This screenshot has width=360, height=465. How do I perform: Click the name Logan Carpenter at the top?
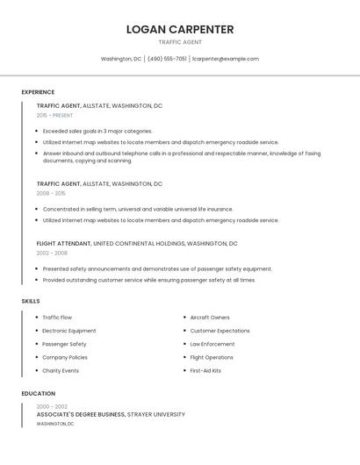pos(180,29)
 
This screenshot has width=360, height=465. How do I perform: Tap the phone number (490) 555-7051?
pos(167,59)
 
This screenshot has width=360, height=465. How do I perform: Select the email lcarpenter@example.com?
pos(226,59)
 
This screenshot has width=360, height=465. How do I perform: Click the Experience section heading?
pos(38,92)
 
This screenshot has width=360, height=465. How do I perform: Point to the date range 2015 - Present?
pos(55,116)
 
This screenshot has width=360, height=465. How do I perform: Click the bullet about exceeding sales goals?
pos(97,131)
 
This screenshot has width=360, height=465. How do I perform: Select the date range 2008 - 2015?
pos(51,193)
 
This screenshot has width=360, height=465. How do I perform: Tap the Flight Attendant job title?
pos(63,243)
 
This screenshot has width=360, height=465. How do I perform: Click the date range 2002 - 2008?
pos(52,253)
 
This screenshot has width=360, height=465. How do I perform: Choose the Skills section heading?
pos(31,301)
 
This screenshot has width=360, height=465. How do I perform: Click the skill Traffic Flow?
pos(57,318)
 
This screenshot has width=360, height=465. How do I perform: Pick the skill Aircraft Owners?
pos(210,318)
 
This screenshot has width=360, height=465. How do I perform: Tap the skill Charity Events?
pos(61,370)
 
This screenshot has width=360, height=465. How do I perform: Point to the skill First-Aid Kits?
pos(205,370)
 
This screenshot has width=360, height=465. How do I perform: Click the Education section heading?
pos(39,394)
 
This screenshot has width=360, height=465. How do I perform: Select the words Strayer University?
pos(156,414)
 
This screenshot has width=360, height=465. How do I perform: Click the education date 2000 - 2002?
pos(52,407)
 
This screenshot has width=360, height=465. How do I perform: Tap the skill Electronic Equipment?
pos(69,331)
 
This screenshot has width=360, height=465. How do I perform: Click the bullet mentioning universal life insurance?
pos(138,210)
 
